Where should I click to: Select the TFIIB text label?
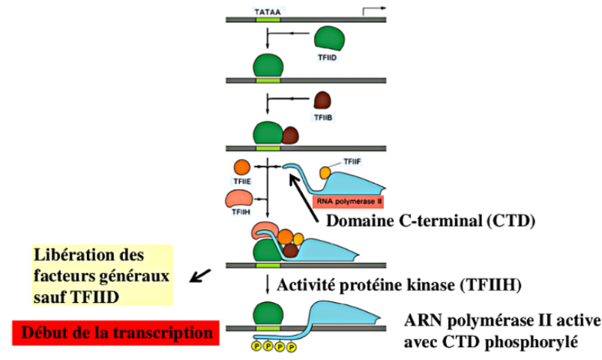click(322, 118)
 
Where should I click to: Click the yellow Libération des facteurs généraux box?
click(103, 274)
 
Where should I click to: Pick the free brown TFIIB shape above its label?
click(323, 101)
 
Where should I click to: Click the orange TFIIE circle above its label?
click(242, 167)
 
